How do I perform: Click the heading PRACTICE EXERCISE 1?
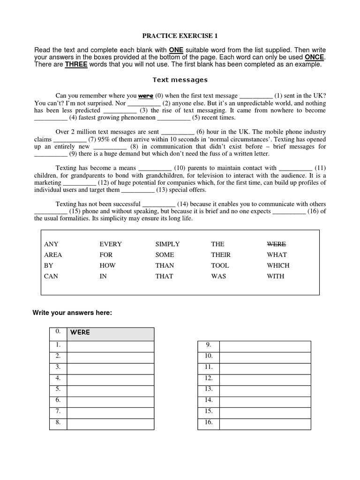180,36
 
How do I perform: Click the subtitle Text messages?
180,80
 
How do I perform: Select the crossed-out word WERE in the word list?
276,244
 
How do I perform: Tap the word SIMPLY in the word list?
167,244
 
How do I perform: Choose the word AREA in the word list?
53,255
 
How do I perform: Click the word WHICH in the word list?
278,265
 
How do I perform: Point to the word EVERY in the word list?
111,244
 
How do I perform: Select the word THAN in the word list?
165,265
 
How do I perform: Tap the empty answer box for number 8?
110,424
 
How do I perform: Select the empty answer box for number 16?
265,424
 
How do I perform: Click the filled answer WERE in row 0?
80,333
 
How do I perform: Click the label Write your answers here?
72,313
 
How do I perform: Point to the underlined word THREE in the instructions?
76,65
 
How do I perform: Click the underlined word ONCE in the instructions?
315,57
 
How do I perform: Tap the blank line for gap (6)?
177,133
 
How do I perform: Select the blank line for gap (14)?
158,204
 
